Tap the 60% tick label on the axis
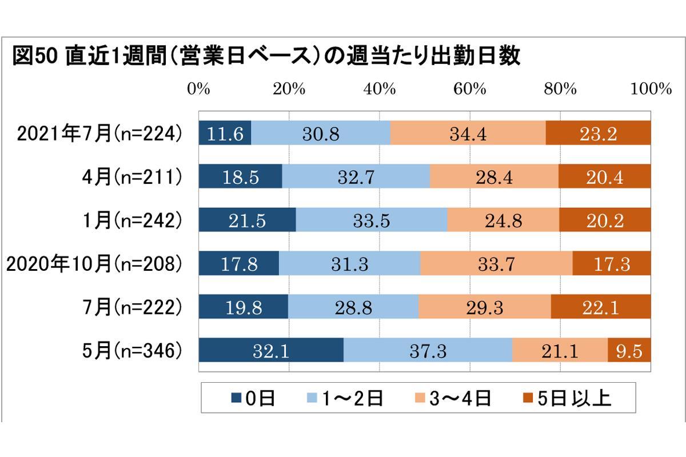pos(469,89)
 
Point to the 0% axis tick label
pos(198,89)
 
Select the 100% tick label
pos(651,89)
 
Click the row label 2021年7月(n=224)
pos(99,134)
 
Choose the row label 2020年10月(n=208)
pos(94,264)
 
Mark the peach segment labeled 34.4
pos(468,134)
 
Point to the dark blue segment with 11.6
pos(225,134)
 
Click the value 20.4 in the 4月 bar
pos(605,177)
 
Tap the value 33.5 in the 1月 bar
pos(372,221)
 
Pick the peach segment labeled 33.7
pos(496,264)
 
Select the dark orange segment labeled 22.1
pos(601,307)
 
